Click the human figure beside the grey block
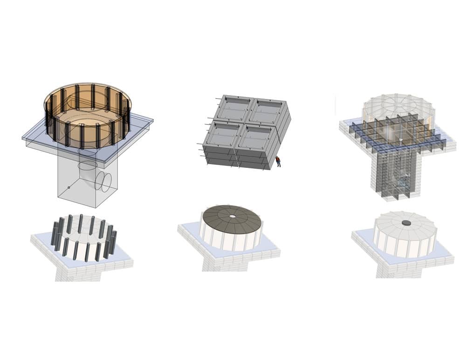(278, 161)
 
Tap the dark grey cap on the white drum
(406, 223)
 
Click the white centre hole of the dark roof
(232, 216)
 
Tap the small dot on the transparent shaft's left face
(69, 187)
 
